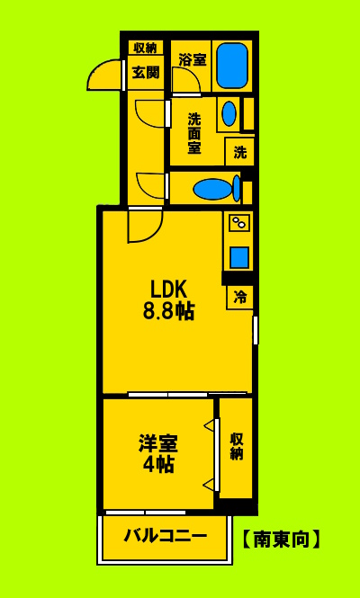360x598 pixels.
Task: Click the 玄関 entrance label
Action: pos(145,73)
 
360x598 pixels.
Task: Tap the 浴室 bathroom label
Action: pos(192,60)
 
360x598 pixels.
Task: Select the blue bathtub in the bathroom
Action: pos(231,65)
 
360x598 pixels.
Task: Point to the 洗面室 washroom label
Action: pos(193,133)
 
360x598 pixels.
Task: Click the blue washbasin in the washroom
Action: pos(229,113)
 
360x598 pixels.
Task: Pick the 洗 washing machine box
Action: pos(239,152)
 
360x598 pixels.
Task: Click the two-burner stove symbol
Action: pos(239,222)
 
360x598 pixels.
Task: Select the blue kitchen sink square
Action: pos(239,257)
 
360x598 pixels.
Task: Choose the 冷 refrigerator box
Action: pos(239,297)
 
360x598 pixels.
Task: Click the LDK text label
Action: pos(167,290)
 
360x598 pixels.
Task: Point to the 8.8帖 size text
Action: pos(167,312)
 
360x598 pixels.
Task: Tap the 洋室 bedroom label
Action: pos(158,443)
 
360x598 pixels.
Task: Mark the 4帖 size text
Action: pos(158,465)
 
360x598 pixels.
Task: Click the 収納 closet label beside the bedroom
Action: pos(236,446)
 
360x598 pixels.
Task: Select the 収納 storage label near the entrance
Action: pos(145,49)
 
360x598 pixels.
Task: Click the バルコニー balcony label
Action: pos(165,536)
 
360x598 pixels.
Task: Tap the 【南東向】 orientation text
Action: pos(281,540)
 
